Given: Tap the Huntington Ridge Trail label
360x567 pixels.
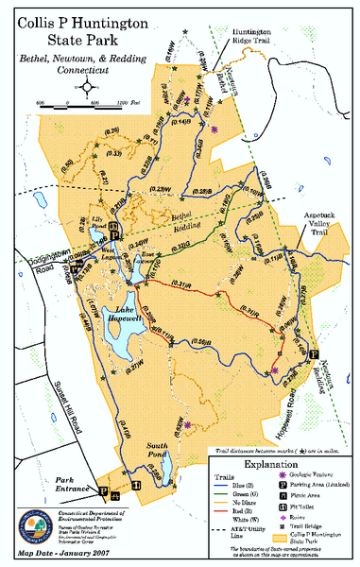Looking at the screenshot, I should (260, 37).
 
